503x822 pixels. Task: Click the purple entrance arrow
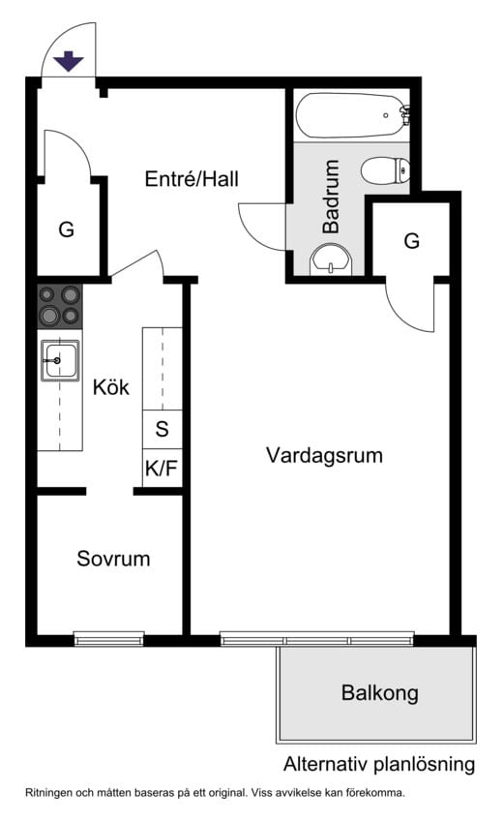[69, 61]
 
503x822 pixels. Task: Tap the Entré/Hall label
[192, 179]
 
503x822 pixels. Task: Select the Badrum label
[332, 197]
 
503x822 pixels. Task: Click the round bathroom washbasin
[332, 259]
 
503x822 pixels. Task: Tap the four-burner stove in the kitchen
[59, 305]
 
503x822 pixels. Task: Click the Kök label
[111, 388]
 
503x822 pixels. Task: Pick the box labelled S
[162, 429]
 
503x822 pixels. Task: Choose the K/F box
[162, 470]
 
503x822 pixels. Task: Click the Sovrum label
[113, 559]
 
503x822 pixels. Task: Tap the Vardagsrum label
[324, 455]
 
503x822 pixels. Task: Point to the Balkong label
[379, 693]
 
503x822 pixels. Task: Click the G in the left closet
[66, 230]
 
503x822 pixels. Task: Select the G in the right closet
[412, 241]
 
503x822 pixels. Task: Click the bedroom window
[108, 639]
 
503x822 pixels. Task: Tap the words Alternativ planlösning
[379, 764]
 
